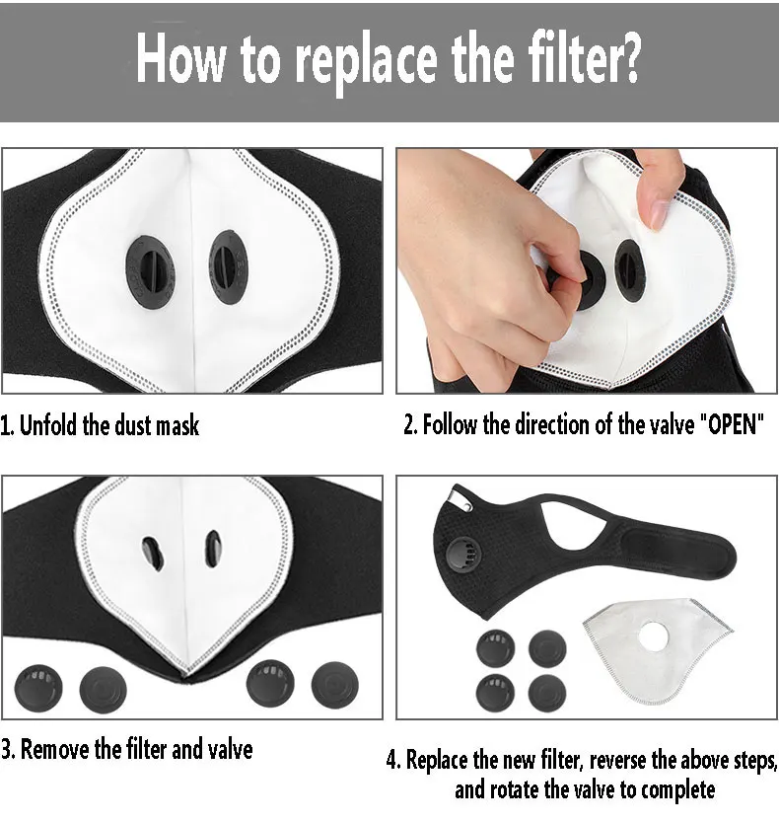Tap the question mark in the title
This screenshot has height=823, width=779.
click(x=627, y=55)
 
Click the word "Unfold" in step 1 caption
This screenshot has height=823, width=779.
click(x=48, y=424)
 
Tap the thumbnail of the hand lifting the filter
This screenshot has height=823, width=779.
click(x=587, y=270)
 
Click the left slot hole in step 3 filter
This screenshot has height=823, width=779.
click(x=152, y=554)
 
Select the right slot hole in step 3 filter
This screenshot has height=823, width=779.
click(x=212, y=549)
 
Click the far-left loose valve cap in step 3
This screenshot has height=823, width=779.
click(x=38, y=688)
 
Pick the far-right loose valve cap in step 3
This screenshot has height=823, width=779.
click(x=335, y=684)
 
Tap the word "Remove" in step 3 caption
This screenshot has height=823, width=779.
click(x=54, y=749)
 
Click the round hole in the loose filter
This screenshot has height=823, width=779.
click(x=654, y=636)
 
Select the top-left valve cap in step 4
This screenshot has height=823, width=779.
click(x=495, y=647)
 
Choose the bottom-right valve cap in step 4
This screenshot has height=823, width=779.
click(x=547, y=693)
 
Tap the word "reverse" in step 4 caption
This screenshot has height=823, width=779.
click(x=617, y=761)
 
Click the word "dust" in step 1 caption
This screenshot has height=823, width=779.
click(x=132, y=424)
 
